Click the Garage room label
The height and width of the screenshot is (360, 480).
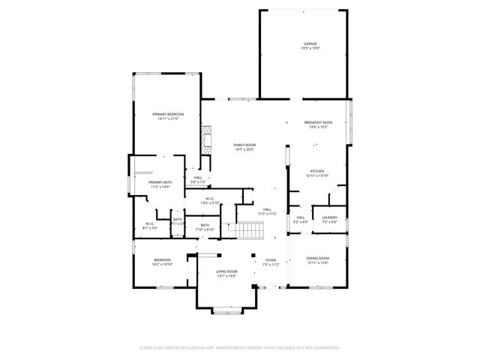(x=310, y=43)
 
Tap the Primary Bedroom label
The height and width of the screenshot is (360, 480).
(x=168, y=114)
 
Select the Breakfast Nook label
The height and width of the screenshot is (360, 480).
(x=318, y=122)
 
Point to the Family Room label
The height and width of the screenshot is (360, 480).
(x=244, y=145)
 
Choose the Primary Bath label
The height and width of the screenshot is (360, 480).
(x=160, y=182)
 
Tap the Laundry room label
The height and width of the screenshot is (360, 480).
(x=329, y=217)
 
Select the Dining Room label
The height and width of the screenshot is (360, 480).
(x=318, y=259)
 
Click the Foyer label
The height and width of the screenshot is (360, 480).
(x=270, y=259)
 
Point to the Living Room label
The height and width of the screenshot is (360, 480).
(x=226, y=271)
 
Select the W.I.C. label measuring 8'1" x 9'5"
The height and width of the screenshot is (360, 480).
(x=151, y=226)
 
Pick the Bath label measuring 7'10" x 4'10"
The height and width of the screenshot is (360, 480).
(x=205, y=226)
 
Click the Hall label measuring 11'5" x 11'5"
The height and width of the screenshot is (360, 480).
(x=268, y=210)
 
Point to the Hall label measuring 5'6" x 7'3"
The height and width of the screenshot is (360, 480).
(x=198, y=178)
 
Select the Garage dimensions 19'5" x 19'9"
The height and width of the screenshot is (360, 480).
(x=310, y=49)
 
